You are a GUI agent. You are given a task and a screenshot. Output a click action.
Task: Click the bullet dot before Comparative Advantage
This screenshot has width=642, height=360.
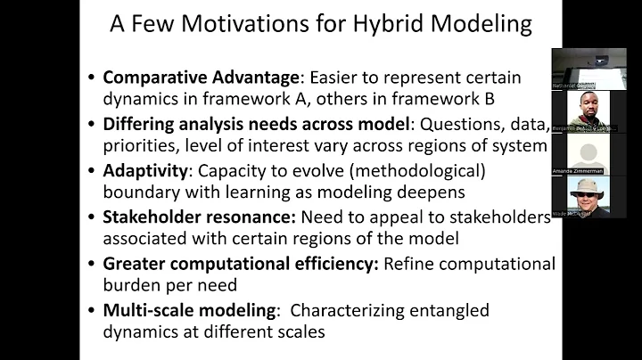(92, 78)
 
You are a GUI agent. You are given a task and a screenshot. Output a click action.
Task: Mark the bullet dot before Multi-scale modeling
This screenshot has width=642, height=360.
(92, 312)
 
